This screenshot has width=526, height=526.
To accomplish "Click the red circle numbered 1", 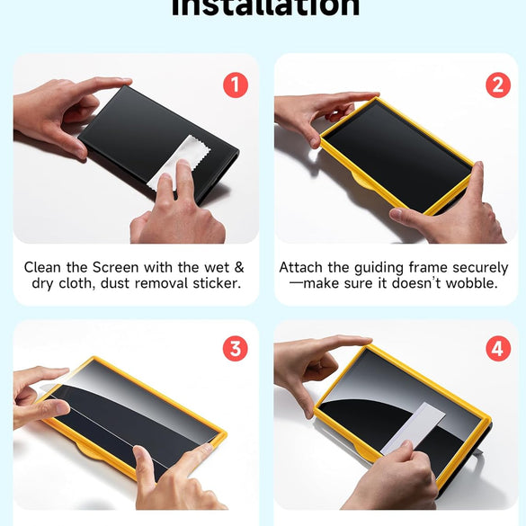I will pos(235,85).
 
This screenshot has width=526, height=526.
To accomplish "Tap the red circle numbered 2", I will pos(497,85).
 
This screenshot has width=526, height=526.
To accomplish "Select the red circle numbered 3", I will pos(235,349).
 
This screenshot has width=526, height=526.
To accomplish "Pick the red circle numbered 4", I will pos(497,349).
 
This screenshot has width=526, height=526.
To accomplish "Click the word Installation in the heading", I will pos(265,7).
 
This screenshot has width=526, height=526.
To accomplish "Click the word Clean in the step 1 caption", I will pos(44,268).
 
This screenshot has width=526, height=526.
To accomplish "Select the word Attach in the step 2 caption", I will pos(301,268).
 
